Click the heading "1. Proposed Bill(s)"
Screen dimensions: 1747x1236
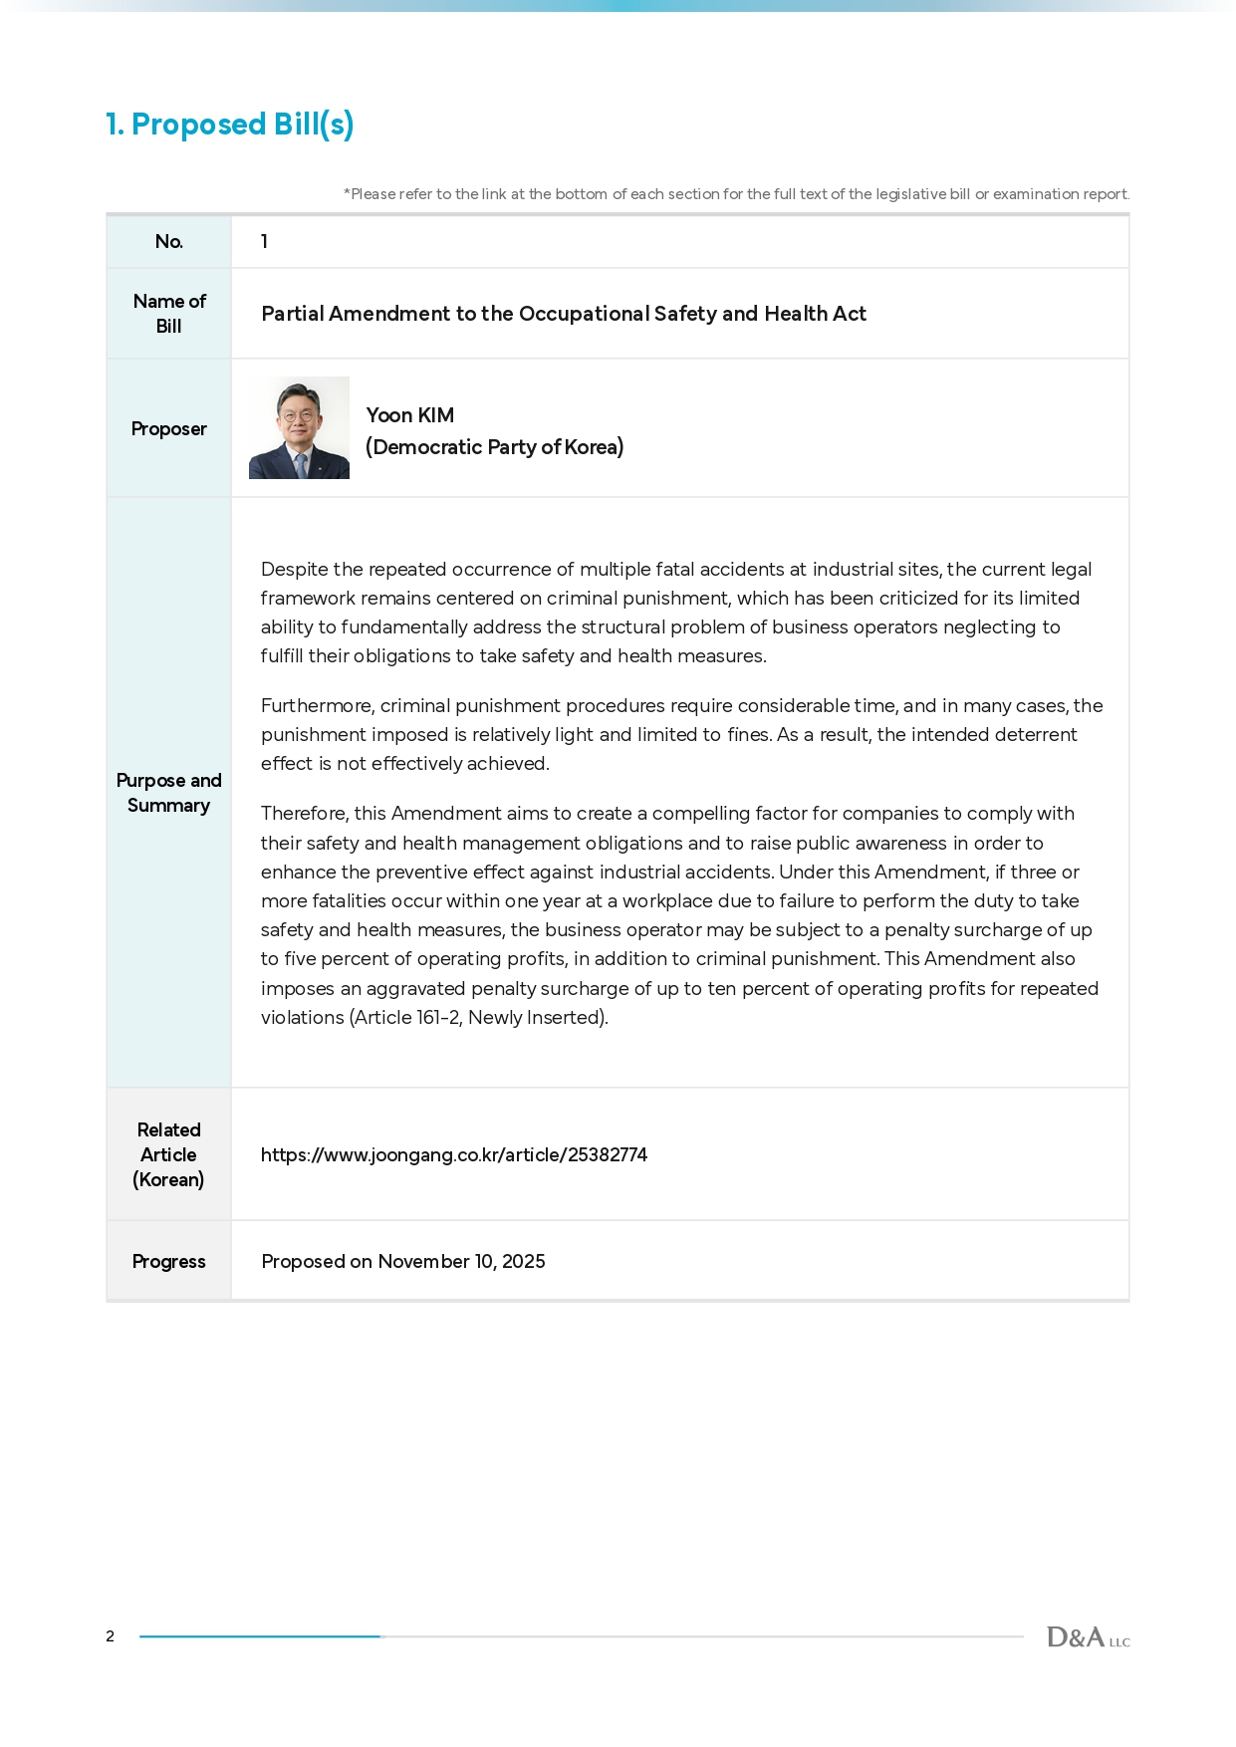[x=230, y=125]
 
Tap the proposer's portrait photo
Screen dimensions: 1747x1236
[x=299, y=427]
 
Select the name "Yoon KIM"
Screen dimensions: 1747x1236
[x=409, y=415]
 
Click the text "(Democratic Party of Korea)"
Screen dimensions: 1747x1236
[x=494, y=447]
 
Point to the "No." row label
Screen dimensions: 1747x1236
[x=168, y=241]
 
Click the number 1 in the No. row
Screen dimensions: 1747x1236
[x=264, y=241]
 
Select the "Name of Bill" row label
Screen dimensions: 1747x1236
[x=168, y=313]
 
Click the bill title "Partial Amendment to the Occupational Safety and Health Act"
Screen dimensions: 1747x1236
[x=564, y=314]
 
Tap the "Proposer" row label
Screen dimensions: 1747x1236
[x=168, y=428]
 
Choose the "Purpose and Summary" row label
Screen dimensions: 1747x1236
[x=168, y=793]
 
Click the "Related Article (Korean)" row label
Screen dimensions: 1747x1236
[x=168, y=1154]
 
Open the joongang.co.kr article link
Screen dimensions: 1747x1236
[x=454, y=1154]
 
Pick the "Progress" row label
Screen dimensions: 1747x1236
[x=168, y=1261]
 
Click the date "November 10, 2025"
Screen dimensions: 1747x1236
[x=461, y=1262]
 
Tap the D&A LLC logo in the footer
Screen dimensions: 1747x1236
[x=1088, y=1637]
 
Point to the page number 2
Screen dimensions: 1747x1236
[x=111, y=1636]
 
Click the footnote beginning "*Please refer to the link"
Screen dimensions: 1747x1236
[x=736, y=194]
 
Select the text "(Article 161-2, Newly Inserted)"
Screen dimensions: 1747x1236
[x=478, y=1017]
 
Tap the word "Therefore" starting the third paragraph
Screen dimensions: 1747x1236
[x=303, y=814]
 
